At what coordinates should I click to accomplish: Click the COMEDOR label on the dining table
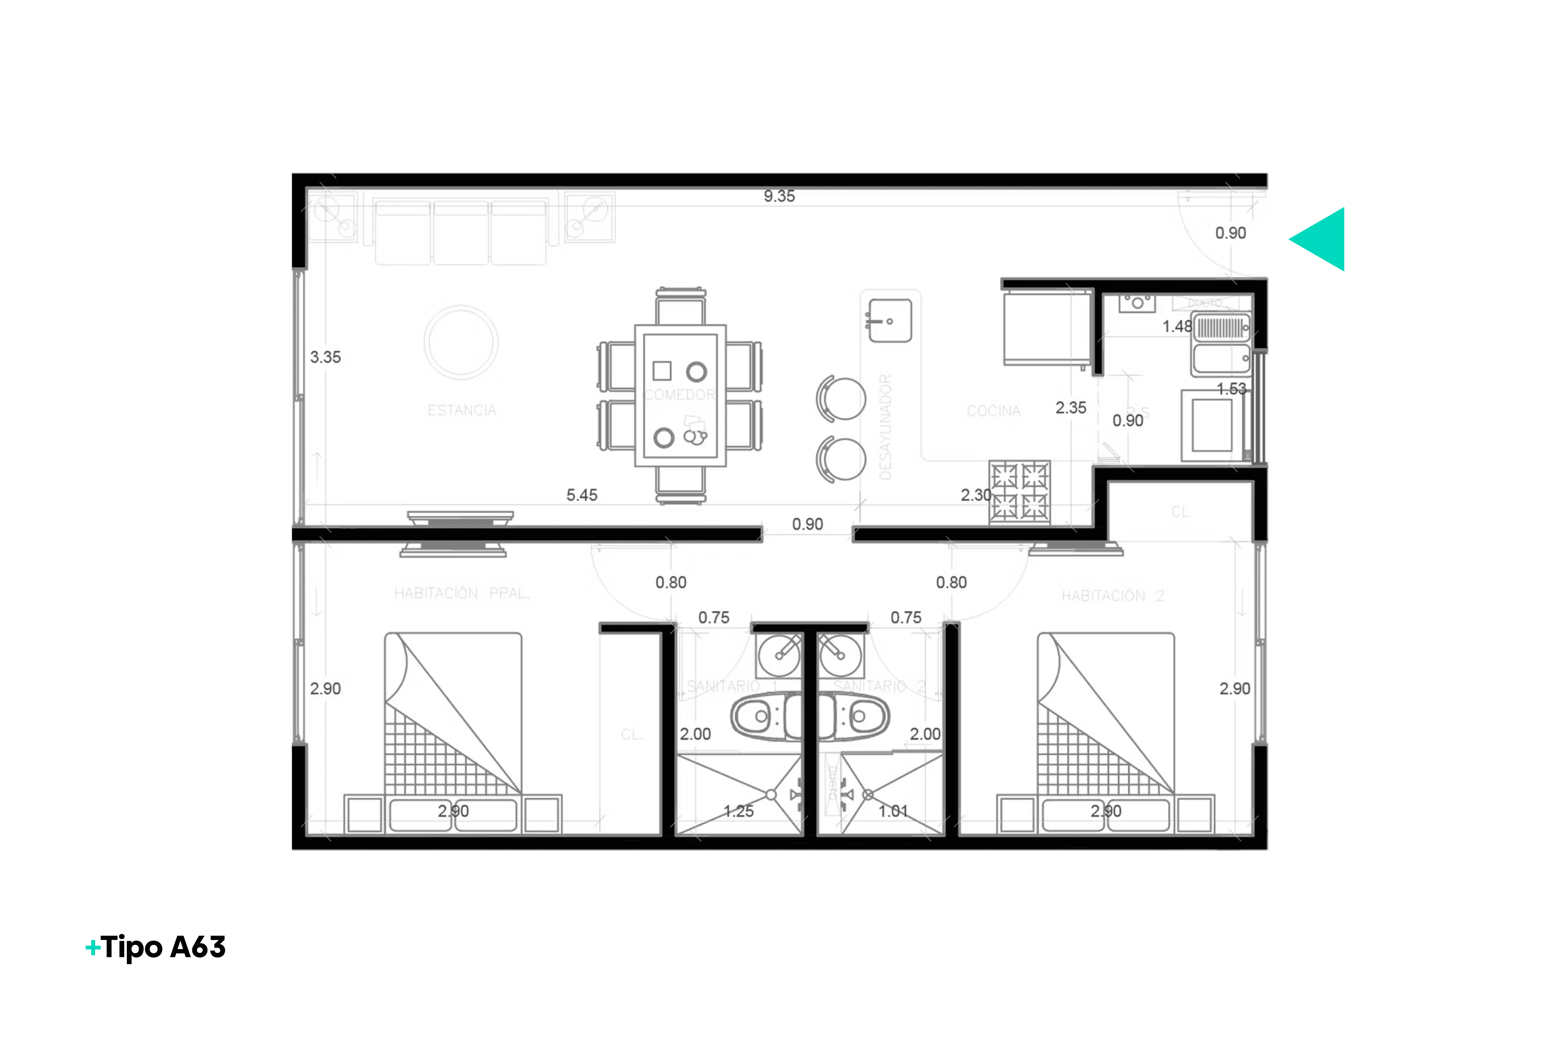tap(680, 395)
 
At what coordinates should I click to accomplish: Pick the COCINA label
tap(993, 411)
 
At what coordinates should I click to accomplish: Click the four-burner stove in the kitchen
tap(1020, 492)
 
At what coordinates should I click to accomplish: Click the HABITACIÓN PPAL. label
tap(462, 593)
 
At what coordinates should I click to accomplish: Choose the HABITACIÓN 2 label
tap(1113, 596)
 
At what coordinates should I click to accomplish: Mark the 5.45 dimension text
tap(581, 495)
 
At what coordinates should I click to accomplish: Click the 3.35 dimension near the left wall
tap(325, 357)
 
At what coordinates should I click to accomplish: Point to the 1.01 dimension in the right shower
tap(893, 811)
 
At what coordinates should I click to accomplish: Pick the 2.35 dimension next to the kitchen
tap(1071, 408)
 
